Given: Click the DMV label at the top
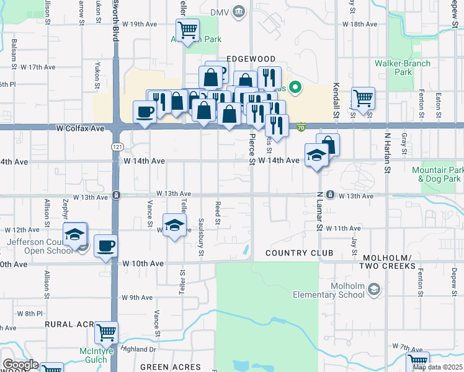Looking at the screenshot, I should coord(220,12).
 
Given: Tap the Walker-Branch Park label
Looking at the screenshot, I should coord(394,68).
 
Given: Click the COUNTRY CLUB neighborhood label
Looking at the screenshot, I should coord(300,253).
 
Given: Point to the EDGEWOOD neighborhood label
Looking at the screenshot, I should coord(250,58).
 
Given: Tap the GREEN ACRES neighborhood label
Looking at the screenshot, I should coord(171,367).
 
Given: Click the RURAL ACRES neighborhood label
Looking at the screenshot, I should coord(69,324).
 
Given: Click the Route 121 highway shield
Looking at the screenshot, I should coord(116,146).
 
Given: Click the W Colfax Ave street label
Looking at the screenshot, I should coord(80,128).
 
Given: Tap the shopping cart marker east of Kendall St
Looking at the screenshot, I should coord(363,97).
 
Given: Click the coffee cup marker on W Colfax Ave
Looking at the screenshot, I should coord(145,112).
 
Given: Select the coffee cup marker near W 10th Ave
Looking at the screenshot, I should coord(106,246).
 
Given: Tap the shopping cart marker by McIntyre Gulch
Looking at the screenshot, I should coord(106,332).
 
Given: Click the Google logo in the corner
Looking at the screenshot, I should coord(21,365).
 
